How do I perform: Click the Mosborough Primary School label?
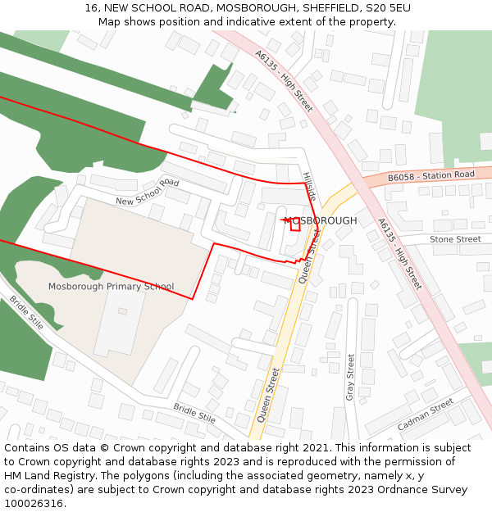tap(111, 287)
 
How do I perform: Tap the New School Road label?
tap(147, 192)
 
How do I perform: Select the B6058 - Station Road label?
tap(431, 176)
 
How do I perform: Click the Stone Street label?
tap(455, 239)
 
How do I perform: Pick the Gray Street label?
tap(350, 377)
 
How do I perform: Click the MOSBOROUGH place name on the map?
tap(321, 221)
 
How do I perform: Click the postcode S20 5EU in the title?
tap(389, 8)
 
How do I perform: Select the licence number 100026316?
tap(35, 504)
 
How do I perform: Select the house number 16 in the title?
tap(91, 8)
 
